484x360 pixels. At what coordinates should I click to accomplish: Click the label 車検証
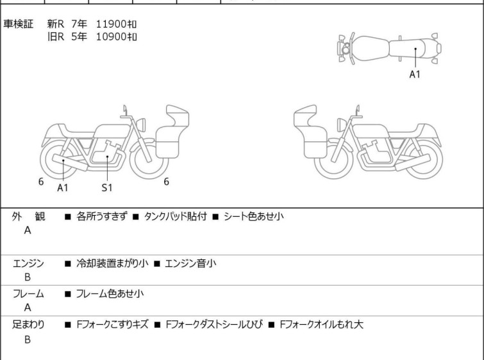pos(18,24)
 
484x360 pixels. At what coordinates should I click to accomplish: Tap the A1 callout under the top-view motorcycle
pos(415,74)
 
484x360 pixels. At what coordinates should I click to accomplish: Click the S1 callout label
pos(107,187)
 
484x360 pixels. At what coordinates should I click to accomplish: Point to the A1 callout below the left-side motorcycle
pos(63,187)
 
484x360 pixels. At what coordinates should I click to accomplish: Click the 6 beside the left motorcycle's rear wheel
pos(41,182)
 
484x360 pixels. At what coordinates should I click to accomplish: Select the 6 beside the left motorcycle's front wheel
pos(167,182)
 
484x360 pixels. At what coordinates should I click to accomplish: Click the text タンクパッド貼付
pos(175,216)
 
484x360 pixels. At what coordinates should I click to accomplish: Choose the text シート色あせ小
pos(254,216)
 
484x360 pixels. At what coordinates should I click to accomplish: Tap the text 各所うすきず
pos(101,216)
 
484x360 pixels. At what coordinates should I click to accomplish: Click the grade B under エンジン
pos(28,277)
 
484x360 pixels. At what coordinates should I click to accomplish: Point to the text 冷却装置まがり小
pos(112,263)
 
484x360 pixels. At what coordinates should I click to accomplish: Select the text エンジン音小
pos(190,263)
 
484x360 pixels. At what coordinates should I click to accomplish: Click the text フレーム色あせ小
pos(110,293)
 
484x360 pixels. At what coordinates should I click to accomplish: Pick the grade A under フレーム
pos(28,307)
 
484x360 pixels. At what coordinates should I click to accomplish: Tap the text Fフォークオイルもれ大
pos(321,325)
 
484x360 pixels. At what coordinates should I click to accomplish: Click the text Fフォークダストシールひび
pos(214,325)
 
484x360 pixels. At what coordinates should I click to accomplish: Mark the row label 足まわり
pos(28,325)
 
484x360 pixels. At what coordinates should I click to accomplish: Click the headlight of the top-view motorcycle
pos(346,49)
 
